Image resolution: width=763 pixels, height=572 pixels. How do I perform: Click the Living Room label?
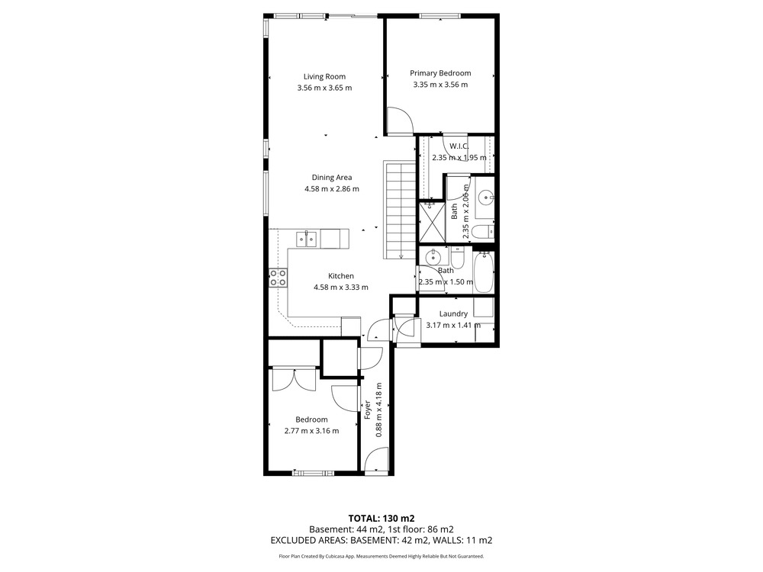pyautogui.click(x=324, y=76)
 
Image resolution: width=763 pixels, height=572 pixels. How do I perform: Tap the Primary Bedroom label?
pyautogui.click(x=440, y=73)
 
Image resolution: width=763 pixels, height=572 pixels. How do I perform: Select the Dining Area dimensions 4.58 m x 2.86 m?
pyautogui.click(x=332, y=188)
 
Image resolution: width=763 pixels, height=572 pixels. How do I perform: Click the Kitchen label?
pyautogui.click(x=340, y=276)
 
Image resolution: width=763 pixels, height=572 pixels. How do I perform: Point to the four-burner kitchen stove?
pyautogui.click(x=278, y=278)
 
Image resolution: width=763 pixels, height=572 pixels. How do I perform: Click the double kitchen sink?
pyautogui.click(x=307, y=239)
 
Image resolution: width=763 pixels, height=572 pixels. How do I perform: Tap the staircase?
pyautogui.click(x=401, y=210)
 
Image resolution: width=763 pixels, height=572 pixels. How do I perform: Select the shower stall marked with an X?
pyautogui.click(x=432, y=222)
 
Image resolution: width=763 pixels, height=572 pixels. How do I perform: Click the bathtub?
pyautogui.click(x=484, y=272)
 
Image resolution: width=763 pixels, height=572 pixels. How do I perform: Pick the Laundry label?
pyautogui.click(x=453, y=313)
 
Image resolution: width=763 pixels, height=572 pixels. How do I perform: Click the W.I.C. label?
pyautogui.click(x=459, y=146)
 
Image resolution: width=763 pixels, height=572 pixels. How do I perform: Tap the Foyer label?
pyautogui.click(x=368, y=410)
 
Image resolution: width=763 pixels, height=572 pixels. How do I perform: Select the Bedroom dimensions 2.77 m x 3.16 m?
pyautogui.click(x=311, y=430)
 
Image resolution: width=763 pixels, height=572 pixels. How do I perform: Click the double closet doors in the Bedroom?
pyautogui.click(x=294, y=380)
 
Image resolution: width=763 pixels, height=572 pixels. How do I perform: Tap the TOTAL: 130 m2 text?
pyautogui.click(x=381, y=518)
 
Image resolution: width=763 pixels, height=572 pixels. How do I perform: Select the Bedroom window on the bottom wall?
pyautogui.click(x=314, y=473)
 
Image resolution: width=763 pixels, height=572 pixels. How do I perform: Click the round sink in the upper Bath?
pyautogui.click(x=485, y=198)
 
